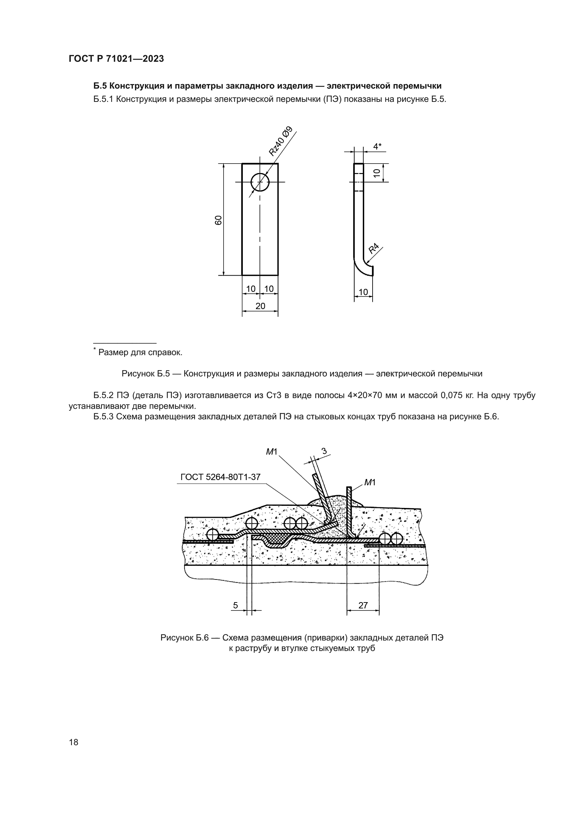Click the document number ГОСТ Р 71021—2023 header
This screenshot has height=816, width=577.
(x=116, y=59)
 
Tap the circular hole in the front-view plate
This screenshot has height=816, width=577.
(x=260, y=182)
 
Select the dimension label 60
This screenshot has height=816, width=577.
(x=218, y=220)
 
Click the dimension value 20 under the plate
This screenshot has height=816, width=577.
(x=260, y=306)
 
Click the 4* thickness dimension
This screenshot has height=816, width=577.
(x=377, y=147)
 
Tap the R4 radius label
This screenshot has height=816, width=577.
(x=373, y=248)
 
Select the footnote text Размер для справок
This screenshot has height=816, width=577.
(x=140, y=353)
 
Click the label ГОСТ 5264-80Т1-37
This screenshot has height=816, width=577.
(x=220, y=477)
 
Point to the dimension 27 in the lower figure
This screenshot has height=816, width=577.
(x=363, y=605)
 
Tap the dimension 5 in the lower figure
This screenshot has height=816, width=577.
(x=235, y=605)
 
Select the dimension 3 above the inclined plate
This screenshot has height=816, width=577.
(x=324, y=451)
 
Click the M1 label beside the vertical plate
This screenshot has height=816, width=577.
(x=370, y=482)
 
